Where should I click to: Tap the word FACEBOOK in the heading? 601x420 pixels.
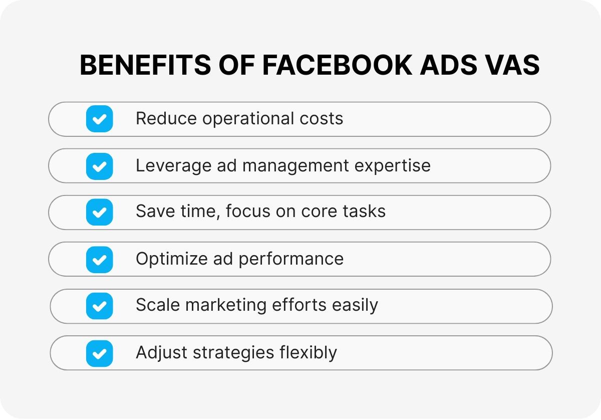pyautogui.click(x=337, y=65)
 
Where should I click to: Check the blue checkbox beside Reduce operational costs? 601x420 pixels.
pyautogui.click(x=99, y=119)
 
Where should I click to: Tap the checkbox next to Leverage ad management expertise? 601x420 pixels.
pyautogui.click(x=99, y=166)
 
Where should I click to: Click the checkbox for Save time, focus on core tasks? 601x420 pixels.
pyautogui.click(x=99, y=212)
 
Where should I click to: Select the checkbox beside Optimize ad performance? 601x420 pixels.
pyautogui.click(x=99, y=260)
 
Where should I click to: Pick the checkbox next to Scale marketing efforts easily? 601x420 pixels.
pyautogui.click(x=99, y=306)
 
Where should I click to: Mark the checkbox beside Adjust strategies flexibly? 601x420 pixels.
pyautogui.click(x=99, y=353)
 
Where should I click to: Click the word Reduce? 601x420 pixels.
pyautogui.click(x=166, y=118)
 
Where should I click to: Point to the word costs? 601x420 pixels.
pyautogui.click(x=322, y=119)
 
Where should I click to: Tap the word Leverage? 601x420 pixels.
pyautogui.click(x=174, y=166)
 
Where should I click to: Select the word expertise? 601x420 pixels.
pyautogui.click(x=393, y=166)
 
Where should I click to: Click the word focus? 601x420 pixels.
pyautogui.click(x=248, y=211)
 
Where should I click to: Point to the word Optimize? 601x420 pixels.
pyautogui.click(x=172, y=259)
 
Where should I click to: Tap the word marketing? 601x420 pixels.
pyautogui.click(x=226, y=305)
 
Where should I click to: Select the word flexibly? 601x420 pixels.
pyautogui.click(x=309, y=353)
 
